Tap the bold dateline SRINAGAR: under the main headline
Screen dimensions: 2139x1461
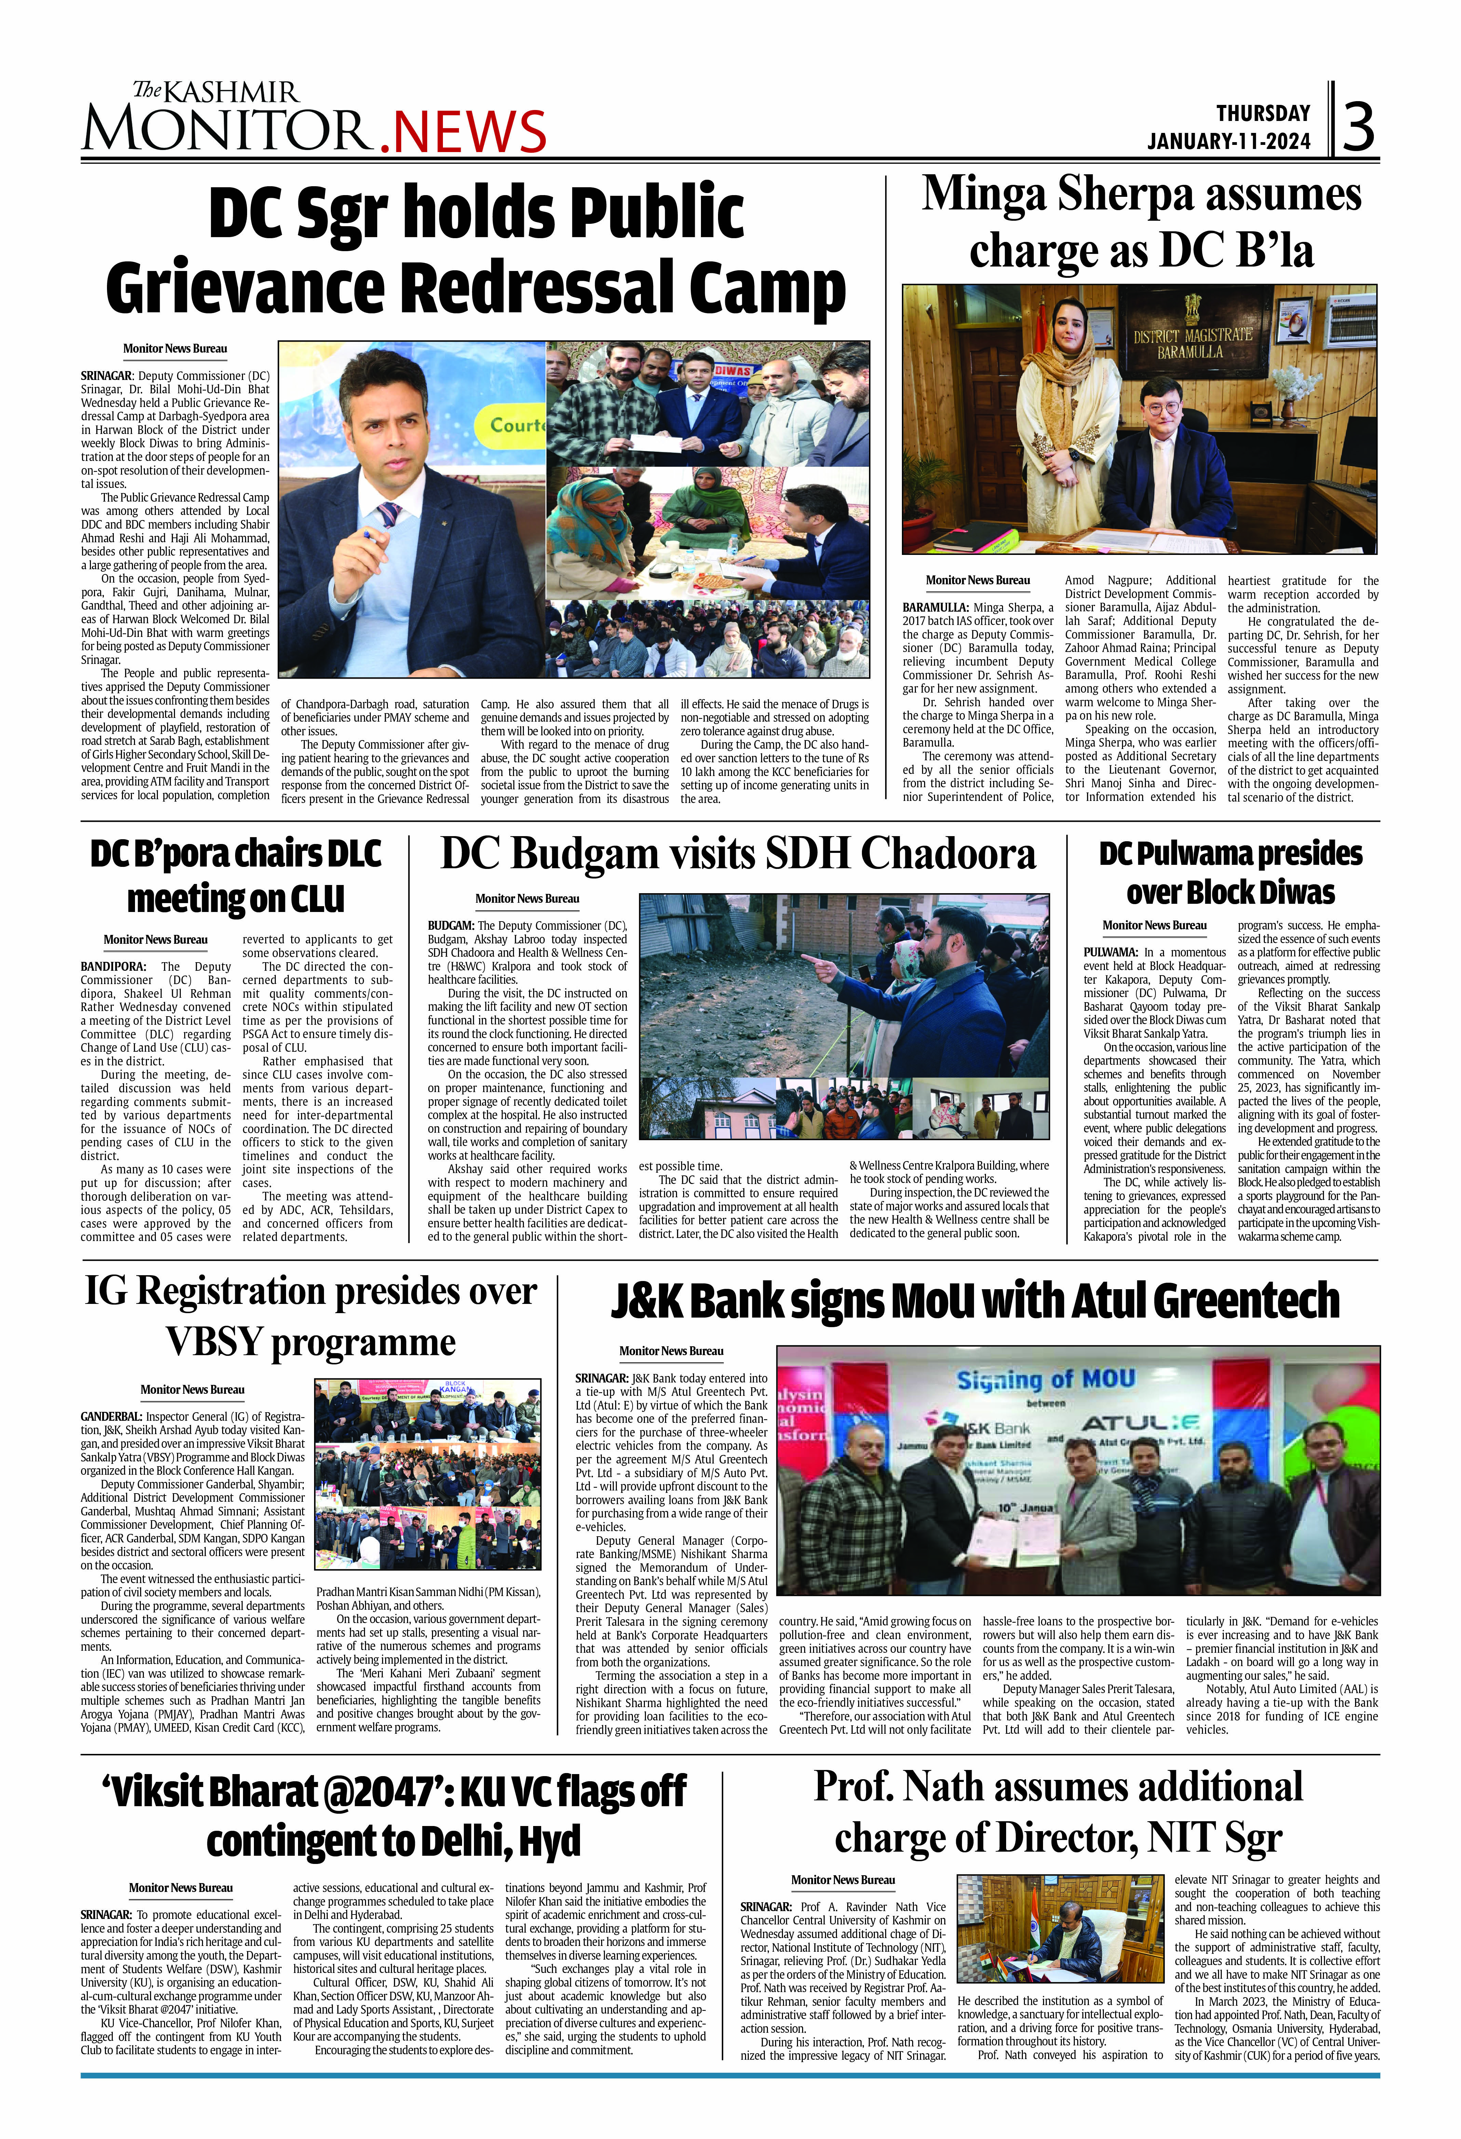[x=107, y=376]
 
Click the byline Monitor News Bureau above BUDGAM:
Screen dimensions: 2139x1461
[x=527, y=898]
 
